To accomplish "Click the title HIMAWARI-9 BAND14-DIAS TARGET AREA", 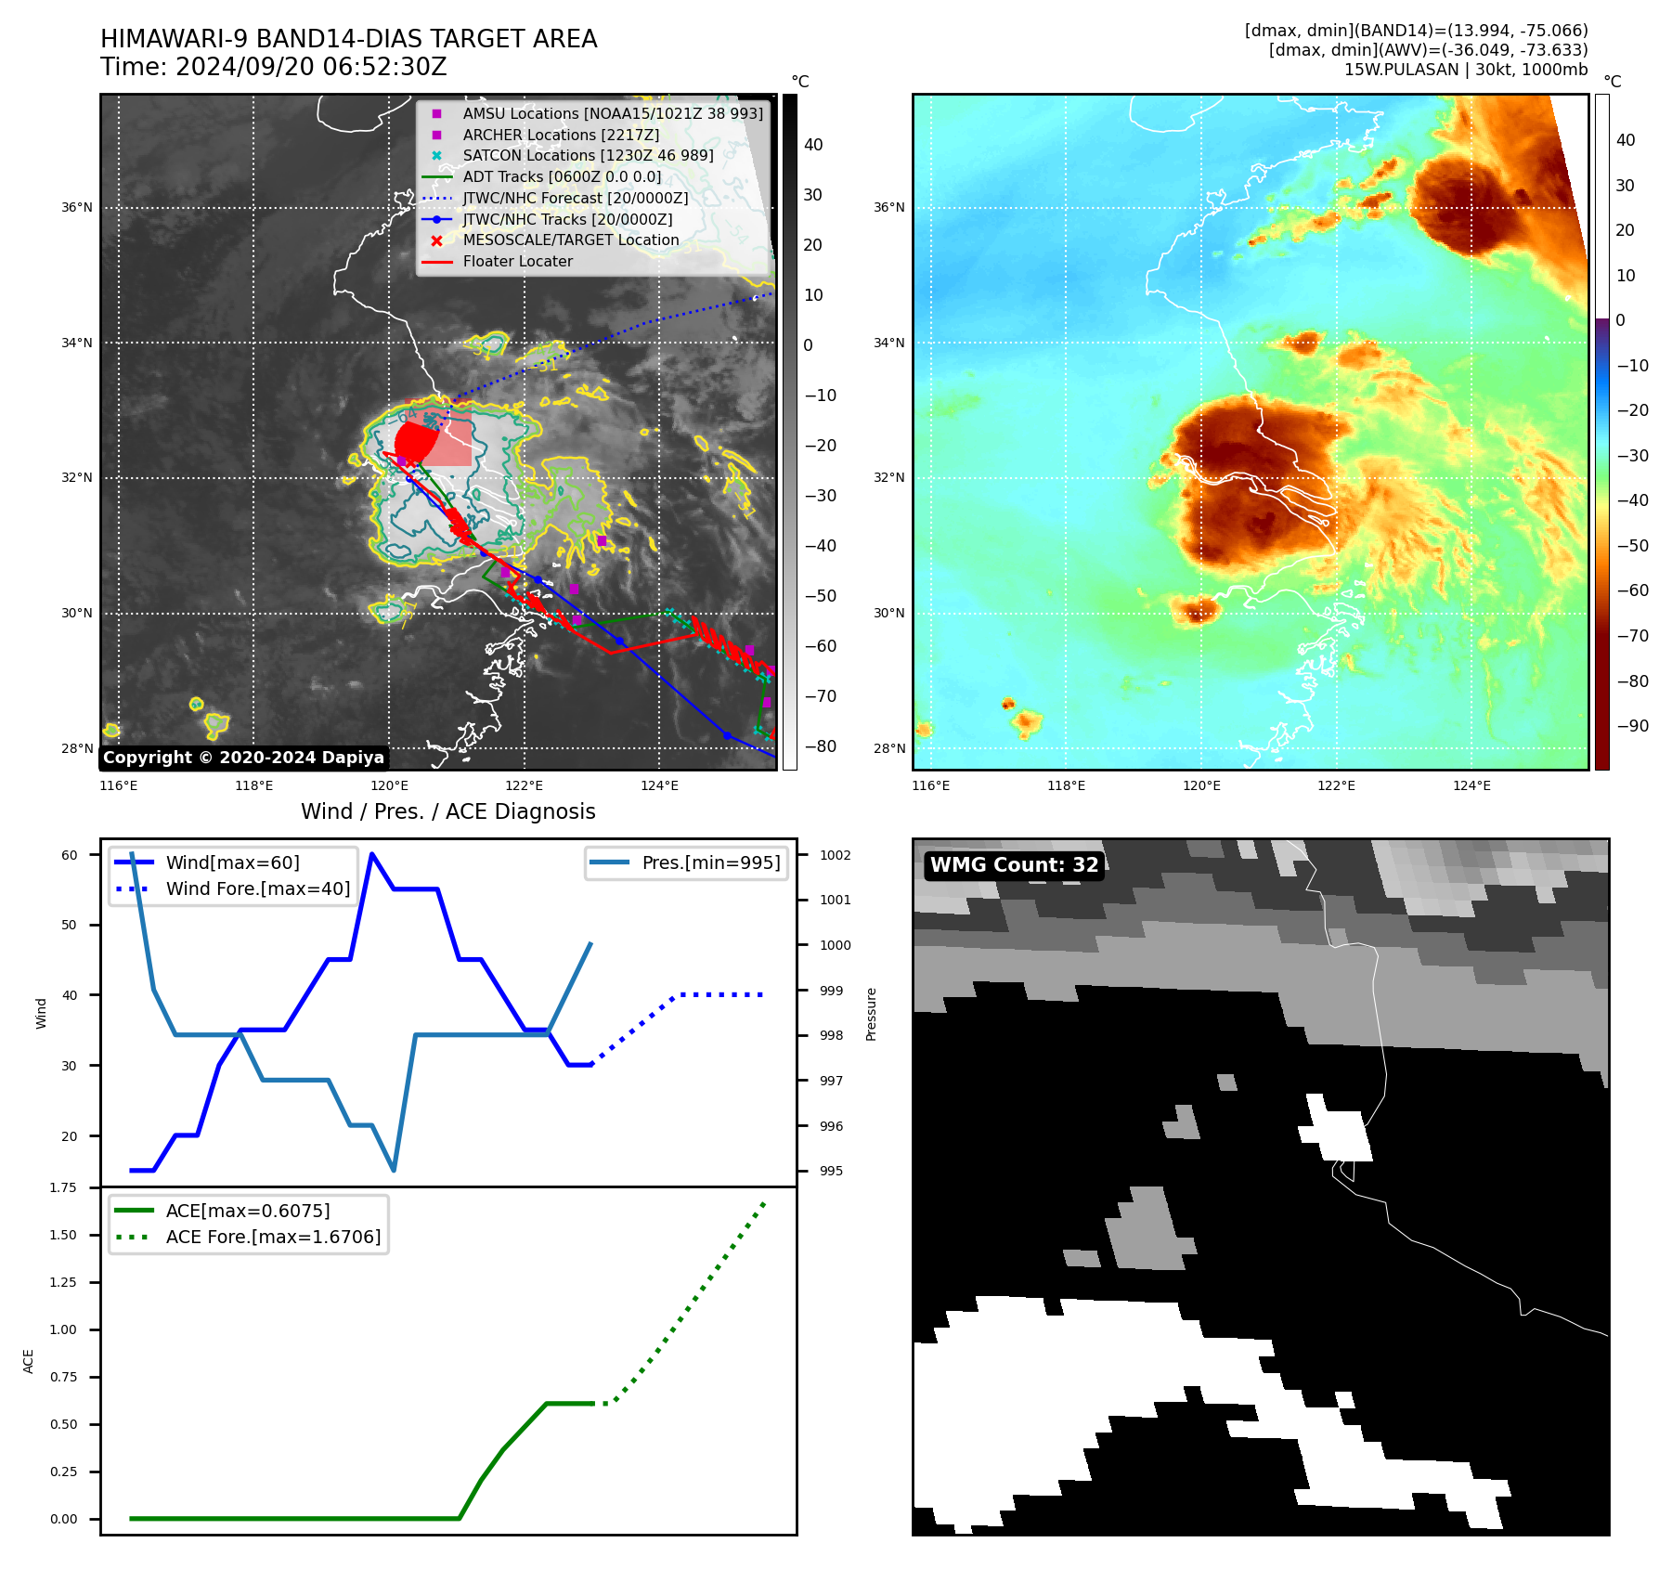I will click(x=348, y=39).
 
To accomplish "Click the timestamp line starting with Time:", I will click(x=274, y=68).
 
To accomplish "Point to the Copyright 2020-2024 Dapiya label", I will click(x=243, y=758).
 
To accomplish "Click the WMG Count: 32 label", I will click(x=1014, y=865).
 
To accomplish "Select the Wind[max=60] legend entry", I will click(x=232, y=862).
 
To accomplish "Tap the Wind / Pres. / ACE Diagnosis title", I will click(x=447, y=811).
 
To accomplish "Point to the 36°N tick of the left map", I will click(x=77, y=207).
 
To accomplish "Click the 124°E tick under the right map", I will click(x=1471, y=785).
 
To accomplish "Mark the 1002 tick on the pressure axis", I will click(x=835, y=855).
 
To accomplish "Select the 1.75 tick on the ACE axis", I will click(x=63, y=1187).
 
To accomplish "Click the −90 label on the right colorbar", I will click(x=1632, y=726).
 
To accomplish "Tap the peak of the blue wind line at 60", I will click(x=372, y=854).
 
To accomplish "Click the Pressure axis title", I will click(x=871, y=1014).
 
